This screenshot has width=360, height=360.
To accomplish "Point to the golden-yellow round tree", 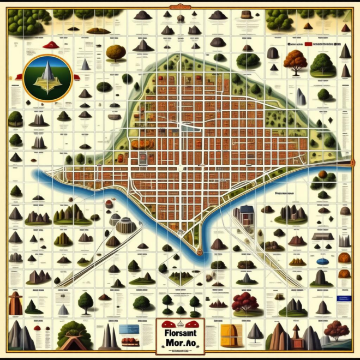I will (115, 52).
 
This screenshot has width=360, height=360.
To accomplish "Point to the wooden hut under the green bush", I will (74, 335).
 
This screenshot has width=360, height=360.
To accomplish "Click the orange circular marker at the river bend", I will (200, 252).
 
